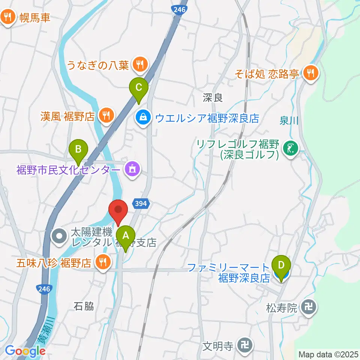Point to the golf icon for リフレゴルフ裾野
[291, 149]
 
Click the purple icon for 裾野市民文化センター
[132, 170]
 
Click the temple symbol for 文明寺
[246, 344]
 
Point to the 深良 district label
[213, 98]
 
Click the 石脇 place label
[84, 306]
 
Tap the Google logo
[25, 351]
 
